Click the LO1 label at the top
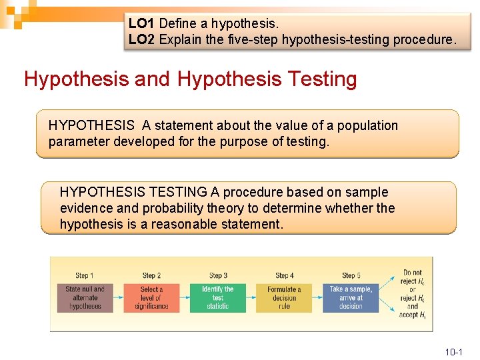click(142, 23)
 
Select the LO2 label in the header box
click(142, 39)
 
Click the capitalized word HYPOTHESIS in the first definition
click(91, 125)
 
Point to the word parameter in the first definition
click(79, 141)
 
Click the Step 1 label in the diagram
click(85, 275)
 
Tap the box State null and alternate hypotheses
click(85, 297)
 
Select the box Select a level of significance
click(151, 297)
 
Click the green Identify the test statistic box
click(218, 297)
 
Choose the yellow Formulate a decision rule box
click(285, 297)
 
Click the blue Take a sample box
click(351, 297)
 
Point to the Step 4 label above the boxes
click(285, 275)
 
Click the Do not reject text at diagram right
click(413, 276)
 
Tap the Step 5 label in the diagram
click(351, 275)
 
